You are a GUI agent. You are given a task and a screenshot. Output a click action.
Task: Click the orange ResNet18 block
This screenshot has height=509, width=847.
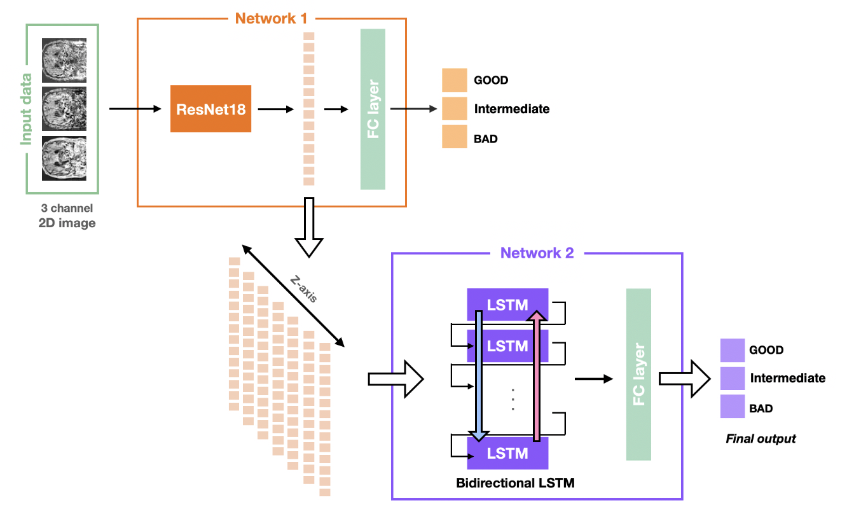point(210,109)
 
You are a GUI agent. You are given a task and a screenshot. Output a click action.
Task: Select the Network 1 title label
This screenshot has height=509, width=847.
point(275,18)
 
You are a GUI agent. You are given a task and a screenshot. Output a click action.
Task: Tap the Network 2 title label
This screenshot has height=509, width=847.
point(537,253)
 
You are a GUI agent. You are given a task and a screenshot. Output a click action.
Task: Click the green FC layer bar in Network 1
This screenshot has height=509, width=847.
point(373,109)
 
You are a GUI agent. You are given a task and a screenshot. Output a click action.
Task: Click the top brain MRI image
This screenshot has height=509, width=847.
point(64,60)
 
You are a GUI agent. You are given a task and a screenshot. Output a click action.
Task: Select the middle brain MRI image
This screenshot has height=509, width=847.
point(64,109)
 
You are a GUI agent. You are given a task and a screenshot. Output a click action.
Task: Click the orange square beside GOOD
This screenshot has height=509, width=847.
point(455,80)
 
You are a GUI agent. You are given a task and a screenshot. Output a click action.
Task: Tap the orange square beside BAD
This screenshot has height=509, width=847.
point(455,137)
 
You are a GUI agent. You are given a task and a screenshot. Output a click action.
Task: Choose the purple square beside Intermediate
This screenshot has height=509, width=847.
point(733,378)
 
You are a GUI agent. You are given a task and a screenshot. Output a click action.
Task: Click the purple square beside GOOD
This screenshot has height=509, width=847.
point(733,350)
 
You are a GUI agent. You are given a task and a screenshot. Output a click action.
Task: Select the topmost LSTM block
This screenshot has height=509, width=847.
point(507,303)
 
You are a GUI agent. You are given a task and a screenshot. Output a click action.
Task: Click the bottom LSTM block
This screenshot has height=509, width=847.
point(507,454)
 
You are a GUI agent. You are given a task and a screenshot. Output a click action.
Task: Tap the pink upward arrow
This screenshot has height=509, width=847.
point(537,375)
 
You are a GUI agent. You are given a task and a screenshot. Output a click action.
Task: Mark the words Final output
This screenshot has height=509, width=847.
point(761,438)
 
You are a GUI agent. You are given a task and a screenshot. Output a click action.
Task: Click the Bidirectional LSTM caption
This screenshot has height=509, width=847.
point(515,483)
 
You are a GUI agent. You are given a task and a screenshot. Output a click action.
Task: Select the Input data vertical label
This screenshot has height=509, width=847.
point(26,109)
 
